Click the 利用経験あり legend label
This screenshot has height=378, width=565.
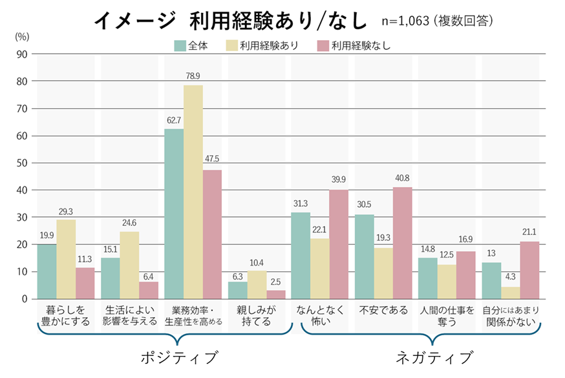point(270,45)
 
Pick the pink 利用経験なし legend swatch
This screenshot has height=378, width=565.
point(323,45)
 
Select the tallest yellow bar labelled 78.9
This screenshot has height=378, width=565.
point(193,192)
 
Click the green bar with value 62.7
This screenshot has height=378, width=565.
point(174,214)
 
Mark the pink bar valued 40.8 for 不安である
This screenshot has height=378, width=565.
point(402,243)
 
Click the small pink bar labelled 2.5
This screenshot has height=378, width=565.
point(276,295)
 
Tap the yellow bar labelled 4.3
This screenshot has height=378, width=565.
point(510,293)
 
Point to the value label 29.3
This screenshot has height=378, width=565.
point(66,212)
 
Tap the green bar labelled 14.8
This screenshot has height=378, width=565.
point(428,278)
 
